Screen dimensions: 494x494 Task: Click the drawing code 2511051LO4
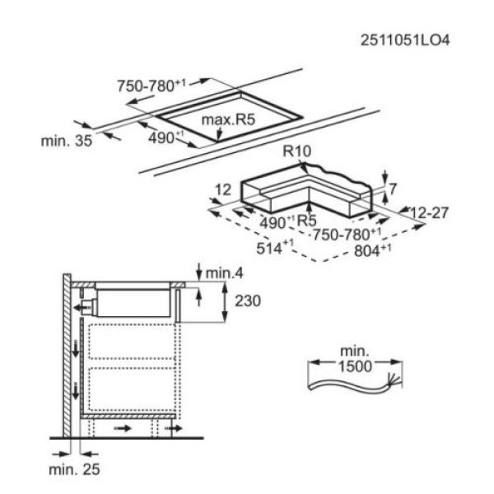click(405, 40)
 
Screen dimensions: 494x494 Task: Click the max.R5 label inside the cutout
click(228, 119)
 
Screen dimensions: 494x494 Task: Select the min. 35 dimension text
click(67, 141)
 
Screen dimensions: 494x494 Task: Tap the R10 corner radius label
click(296, 151)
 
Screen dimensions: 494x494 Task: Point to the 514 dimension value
click(275, 248)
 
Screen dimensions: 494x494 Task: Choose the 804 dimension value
click(373, 250)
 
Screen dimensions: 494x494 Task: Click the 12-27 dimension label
click(429, 212)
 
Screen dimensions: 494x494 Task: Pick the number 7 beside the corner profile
click(392, 189)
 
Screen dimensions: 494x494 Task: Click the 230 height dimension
click(248, 301)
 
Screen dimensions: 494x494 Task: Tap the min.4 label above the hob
click(224, 273)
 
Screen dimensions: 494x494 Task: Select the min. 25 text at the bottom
click(74, 469)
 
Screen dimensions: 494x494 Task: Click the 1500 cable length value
click(355, 366)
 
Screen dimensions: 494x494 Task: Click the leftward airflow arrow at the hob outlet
click(79, 307)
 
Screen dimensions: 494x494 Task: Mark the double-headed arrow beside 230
click(224, 302)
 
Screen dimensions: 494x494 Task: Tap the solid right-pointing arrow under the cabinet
click(122, 428)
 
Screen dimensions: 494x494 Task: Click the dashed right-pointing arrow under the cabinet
click(173, 428)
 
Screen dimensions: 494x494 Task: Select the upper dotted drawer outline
click(132, 341)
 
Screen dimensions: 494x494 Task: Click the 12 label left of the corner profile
click(223, 189)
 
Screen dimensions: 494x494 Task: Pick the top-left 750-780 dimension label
click(151, 86)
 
